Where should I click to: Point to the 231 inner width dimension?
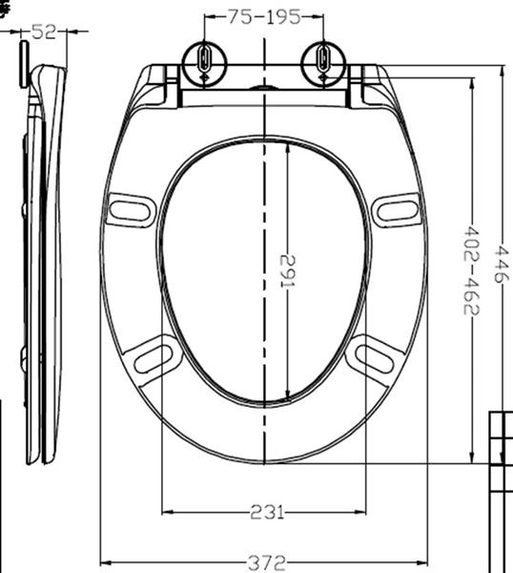point(264,512)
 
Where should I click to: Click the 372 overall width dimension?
point(264,562)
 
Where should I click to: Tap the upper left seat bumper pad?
point(131,210)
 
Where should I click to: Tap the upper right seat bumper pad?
point(397,208)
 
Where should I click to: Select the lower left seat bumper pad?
point(154,357)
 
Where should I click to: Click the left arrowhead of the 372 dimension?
point(105,562)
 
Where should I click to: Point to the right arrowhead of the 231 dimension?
point(362,512)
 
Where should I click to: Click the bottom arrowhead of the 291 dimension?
point(286,396)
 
